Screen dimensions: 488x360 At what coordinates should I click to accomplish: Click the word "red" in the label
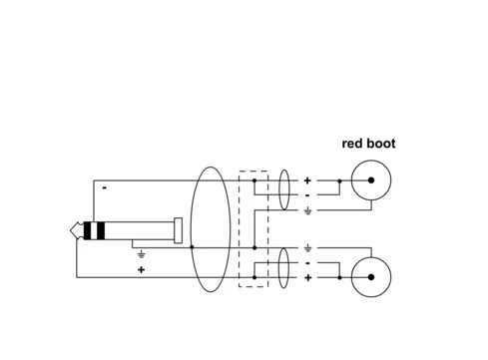coord(352,144)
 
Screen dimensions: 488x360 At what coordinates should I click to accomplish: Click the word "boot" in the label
coord(381,144)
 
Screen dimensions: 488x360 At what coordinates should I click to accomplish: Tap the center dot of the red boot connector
coord(371,180)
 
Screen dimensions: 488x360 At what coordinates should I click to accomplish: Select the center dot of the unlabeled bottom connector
coord(371,277)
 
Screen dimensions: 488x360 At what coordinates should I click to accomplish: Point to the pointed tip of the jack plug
coord(71,230)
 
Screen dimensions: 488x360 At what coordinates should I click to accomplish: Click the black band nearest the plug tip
coord(87,230)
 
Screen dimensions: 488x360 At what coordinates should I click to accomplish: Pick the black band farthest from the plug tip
coord(101,230)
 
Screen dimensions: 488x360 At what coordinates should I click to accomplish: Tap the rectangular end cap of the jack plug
coord(178,230)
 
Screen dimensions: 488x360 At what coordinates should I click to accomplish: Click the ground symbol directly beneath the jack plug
coord(142,255)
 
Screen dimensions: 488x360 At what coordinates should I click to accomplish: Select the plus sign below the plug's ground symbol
coord(141,269)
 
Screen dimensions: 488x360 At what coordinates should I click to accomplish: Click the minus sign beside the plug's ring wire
coord(105,188)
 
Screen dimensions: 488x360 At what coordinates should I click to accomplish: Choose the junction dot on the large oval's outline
coord(192,247)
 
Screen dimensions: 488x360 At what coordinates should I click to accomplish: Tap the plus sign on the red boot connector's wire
coord(307,180)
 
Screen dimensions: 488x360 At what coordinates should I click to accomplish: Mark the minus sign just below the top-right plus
coord(307,195)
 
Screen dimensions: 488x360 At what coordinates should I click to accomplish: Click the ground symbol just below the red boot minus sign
coord(308,211)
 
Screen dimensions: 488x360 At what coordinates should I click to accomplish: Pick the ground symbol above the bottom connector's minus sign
coord(308,248)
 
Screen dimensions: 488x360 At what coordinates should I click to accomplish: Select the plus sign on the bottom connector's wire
coord(308,277)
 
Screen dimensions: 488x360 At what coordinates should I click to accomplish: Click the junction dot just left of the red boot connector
coord(339,180)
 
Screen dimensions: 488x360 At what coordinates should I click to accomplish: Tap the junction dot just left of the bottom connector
coord(339,277)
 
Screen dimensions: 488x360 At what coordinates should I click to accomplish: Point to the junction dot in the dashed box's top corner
coord(254,180)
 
